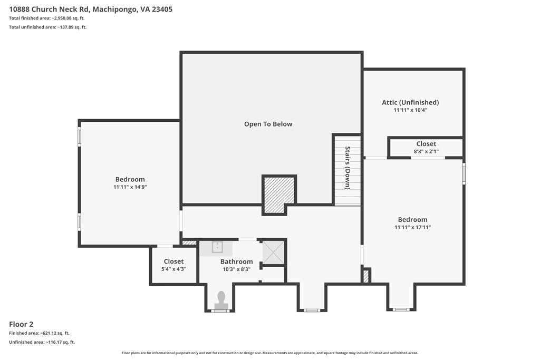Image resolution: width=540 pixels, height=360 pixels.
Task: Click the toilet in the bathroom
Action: coord(221,300)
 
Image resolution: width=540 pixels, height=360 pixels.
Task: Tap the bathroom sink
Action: coord(217,247)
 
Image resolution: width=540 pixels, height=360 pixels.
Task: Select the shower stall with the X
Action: coord(274,252)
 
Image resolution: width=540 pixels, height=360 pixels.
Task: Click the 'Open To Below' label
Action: coord(268,124)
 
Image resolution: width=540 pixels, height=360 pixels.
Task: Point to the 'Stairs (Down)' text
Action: coord(348,168)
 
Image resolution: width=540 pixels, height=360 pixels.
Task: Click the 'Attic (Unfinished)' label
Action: coord(410,102)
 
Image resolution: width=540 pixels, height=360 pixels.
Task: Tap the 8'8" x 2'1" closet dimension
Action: coord(426,151)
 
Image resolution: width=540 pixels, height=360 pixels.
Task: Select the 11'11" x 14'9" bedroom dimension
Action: coord(130,187)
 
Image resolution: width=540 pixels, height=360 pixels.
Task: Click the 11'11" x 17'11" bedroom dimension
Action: coord(412,227)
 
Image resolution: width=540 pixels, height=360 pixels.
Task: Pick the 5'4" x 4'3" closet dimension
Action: coord(173,269)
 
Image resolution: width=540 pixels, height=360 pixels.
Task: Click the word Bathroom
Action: coord(237,261)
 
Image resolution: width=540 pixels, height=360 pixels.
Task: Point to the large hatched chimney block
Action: coord(279,194)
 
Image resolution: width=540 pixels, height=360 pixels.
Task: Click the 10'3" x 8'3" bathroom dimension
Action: coord(237,269)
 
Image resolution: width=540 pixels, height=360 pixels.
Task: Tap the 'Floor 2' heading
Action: coord(21,324)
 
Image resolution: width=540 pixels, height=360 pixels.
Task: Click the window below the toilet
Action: coord(220,311)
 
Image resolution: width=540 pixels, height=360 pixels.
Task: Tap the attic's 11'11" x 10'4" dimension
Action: coord(410,110)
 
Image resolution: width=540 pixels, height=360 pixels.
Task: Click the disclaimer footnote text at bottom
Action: coord(270,353)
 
